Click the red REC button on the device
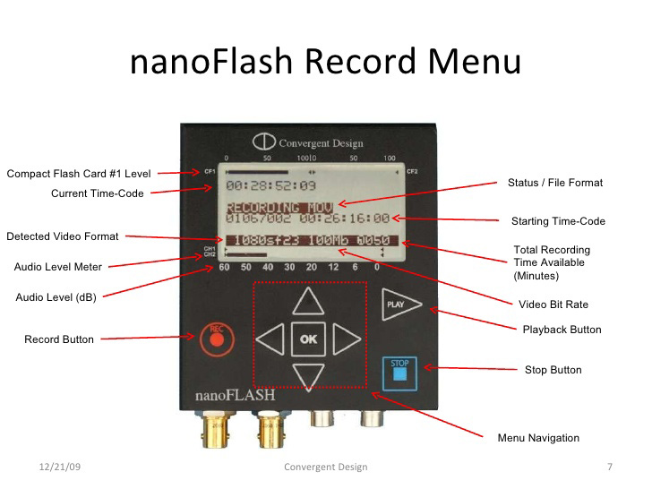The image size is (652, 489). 216,338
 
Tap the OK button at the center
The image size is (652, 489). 309,339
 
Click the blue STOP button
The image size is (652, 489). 399,372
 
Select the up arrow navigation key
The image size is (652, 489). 309,302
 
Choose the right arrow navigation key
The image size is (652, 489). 346,339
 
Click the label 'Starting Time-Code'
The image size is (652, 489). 558,221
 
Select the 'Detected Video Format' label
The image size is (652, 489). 63,236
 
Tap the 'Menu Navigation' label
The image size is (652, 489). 538,438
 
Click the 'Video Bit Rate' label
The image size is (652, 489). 553,305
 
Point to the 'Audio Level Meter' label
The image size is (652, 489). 58,266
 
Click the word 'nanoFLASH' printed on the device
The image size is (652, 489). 235,394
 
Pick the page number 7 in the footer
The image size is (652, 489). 609,468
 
